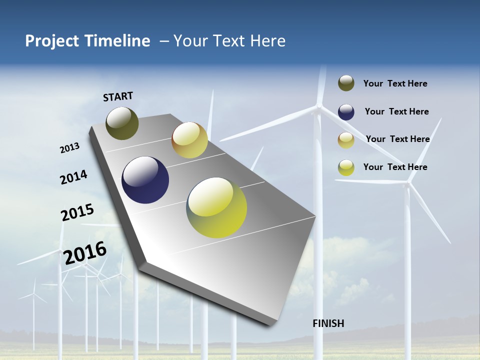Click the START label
tap(118, 96)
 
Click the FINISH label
tap(328, 323)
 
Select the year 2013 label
tap(69, 148)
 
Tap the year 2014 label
tap(73, 177)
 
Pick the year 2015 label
tap(77, 212)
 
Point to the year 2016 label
tap(85, 252)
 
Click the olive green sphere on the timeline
tap(122, 123)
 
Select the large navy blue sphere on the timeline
tap(145, 180)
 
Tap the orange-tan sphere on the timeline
tap(189, 140)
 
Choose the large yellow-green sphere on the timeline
tap(216, 207)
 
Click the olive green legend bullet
tap(346, 83)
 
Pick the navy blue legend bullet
tap(346, 112)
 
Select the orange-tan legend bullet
tap(346, 140)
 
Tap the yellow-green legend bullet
tap(346, 167)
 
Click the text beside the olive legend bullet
tap(395, 83)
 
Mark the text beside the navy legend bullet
tap(396, 111)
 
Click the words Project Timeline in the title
tap(87, 41)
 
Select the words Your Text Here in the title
tap(229, 41)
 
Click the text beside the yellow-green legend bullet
tap(395, 167)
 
